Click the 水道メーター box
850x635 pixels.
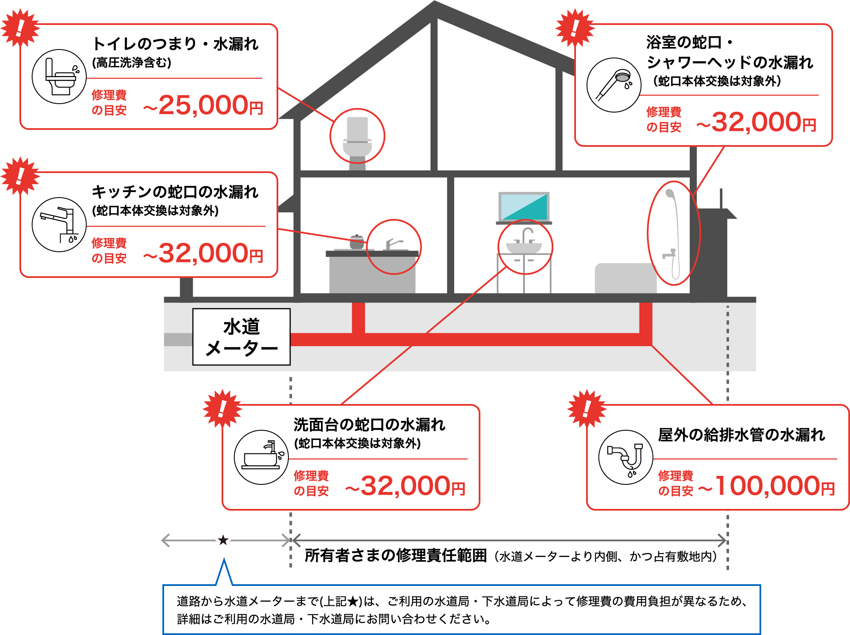241,337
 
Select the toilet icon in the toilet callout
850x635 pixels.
59,77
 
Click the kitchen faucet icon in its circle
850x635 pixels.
59,225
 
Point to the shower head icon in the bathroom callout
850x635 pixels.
614,85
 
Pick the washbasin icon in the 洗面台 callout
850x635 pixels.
261,457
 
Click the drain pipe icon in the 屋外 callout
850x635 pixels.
626,457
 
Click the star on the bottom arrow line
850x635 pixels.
223,540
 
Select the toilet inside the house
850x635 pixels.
357,141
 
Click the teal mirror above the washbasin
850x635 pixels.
524,206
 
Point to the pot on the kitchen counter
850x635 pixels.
356,242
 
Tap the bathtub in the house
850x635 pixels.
625,278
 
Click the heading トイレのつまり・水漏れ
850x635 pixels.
175,44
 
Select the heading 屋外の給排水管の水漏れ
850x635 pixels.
741,434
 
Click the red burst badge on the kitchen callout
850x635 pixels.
20,176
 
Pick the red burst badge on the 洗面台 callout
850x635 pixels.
222,409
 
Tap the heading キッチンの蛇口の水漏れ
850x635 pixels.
175,192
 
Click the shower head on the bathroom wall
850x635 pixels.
670,194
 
